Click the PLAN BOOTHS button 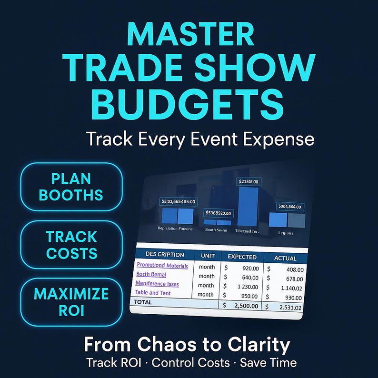[71, 187]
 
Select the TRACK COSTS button [71, 245]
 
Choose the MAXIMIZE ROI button [71, 302]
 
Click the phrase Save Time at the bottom [268, 362]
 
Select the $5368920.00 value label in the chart [218, 213]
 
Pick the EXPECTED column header [242, 257]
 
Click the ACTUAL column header [286, 259]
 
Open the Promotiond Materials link [162, 266]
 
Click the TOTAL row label [143, 302]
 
